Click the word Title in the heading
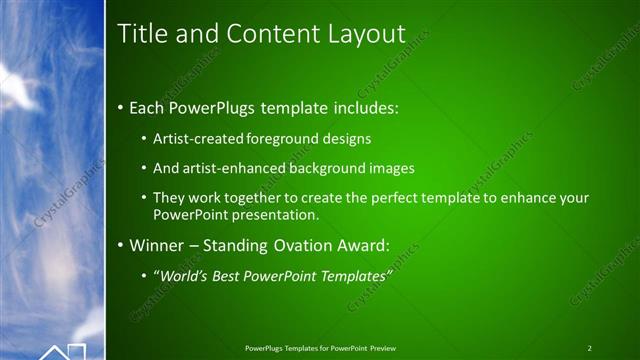tap(142, 34)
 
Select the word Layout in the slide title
tap(366, 34)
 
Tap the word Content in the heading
tap(268, 34)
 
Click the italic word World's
tap(183, 275)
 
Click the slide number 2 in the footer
tap(589, 348)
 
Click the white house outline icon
tap(62, 351)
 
